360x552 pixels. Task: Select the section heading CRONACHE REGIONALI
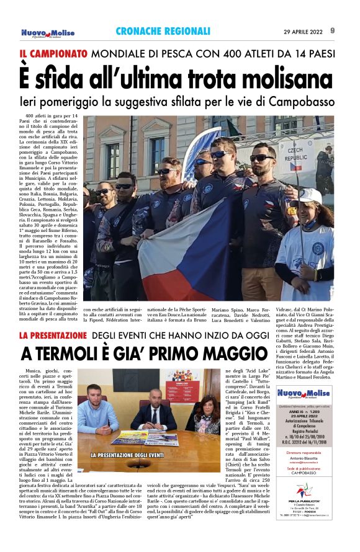[x=163, y=31]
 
